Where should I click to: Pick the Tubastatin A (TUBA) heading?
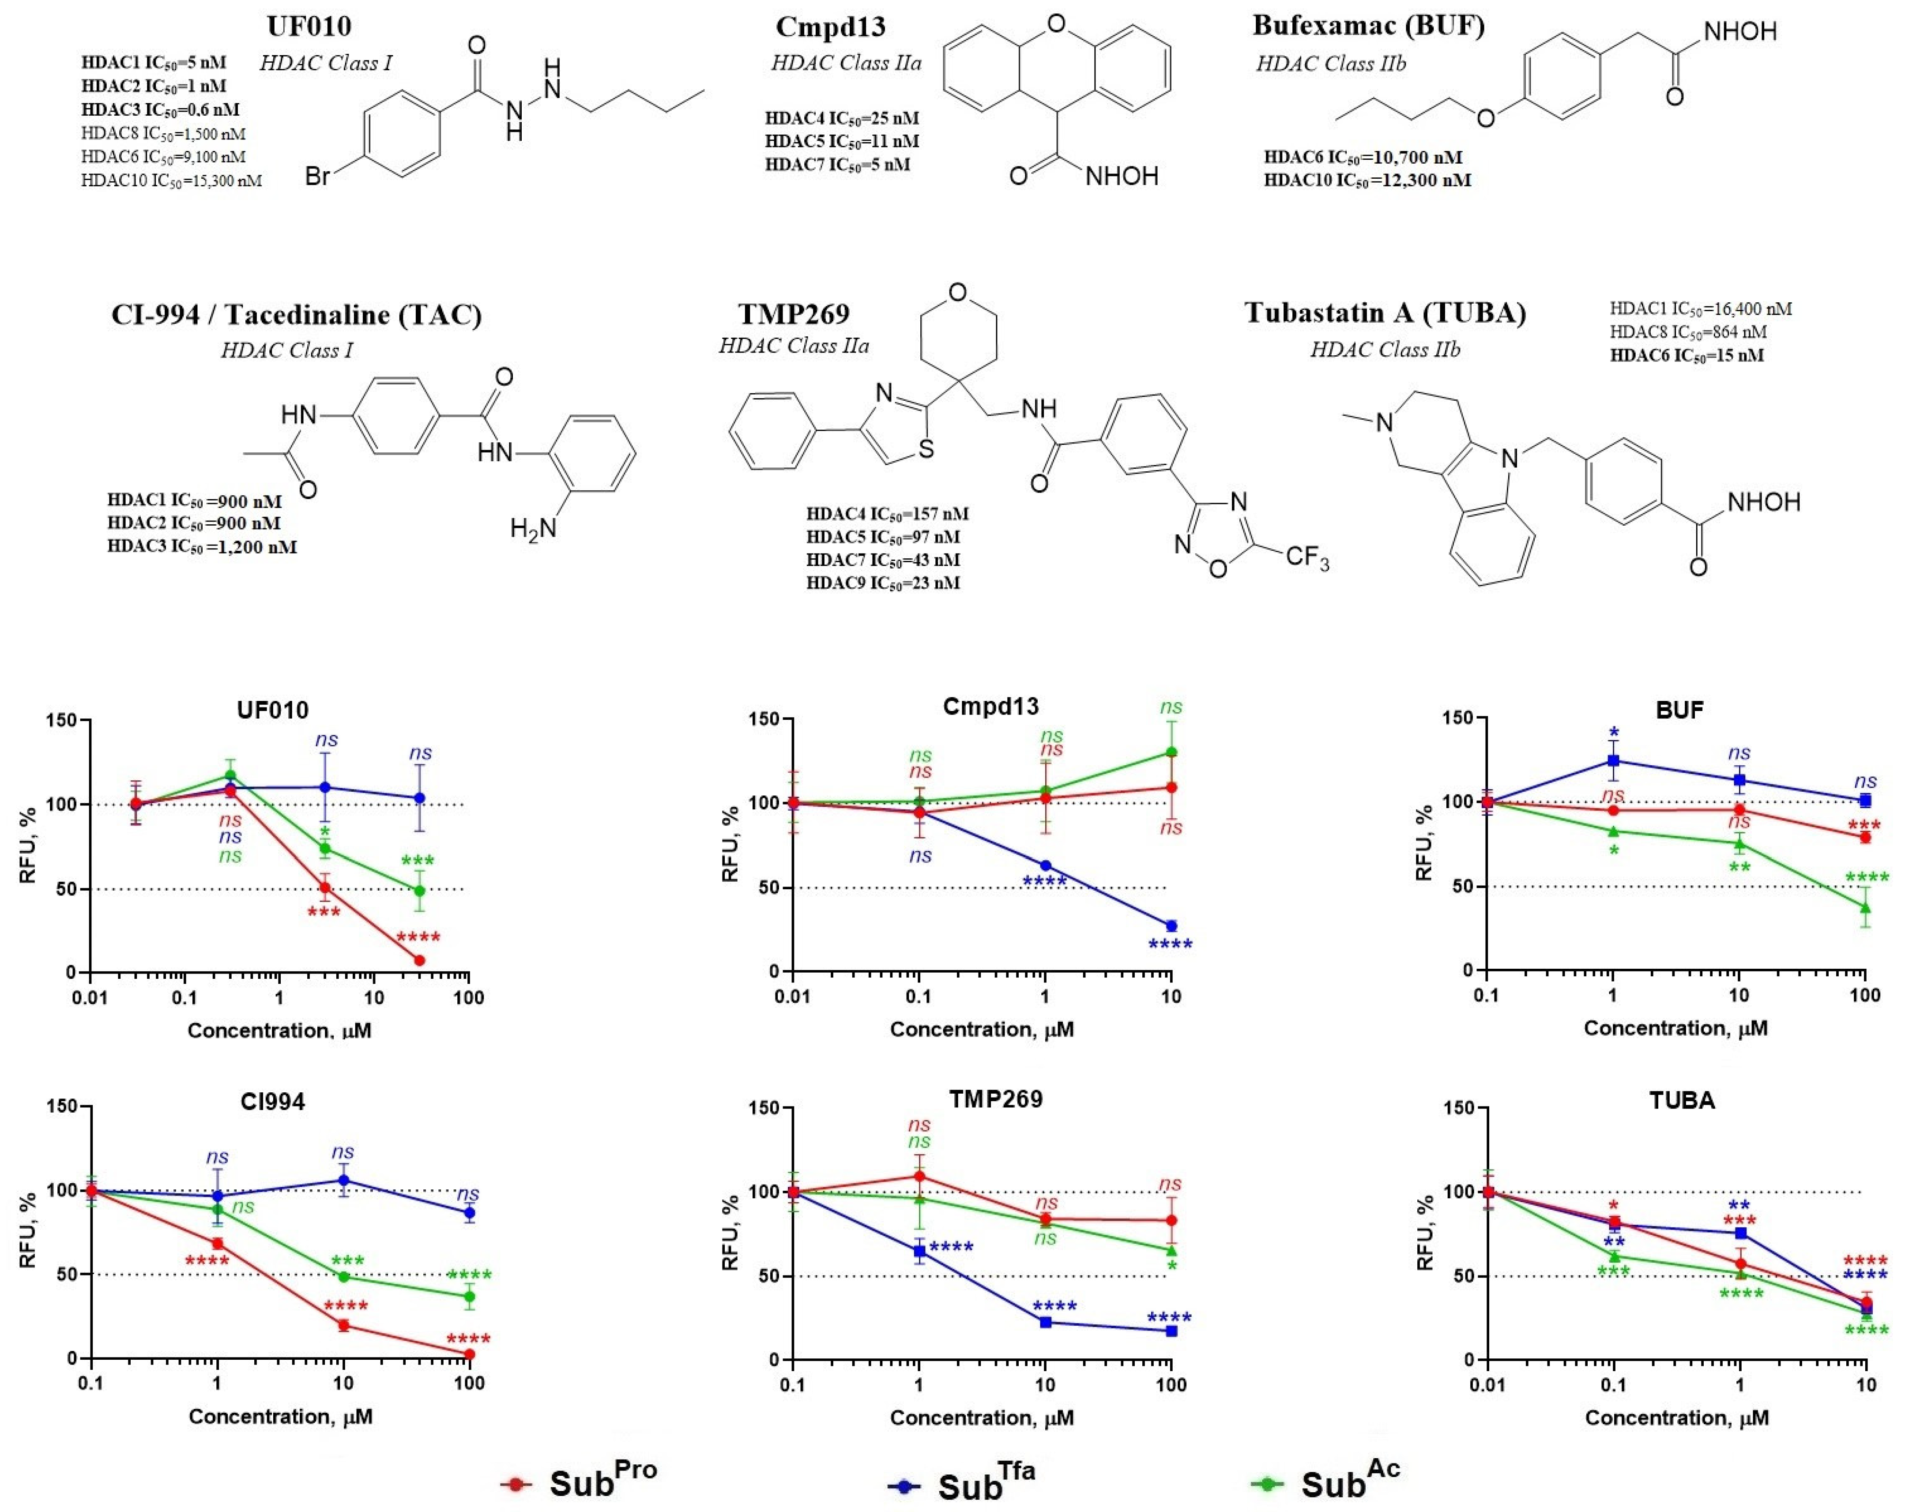pyautogui.click(x=1385, y=313)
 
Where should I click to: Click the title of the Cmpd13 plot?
pyautogui.click(x=990, y=706)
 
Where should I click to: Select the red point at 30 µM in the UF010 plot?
pyautogui.click(x=420, y=960)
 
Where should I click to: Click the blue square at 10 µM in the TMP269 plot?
pyautogui.click(x=1045, y=1322)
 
